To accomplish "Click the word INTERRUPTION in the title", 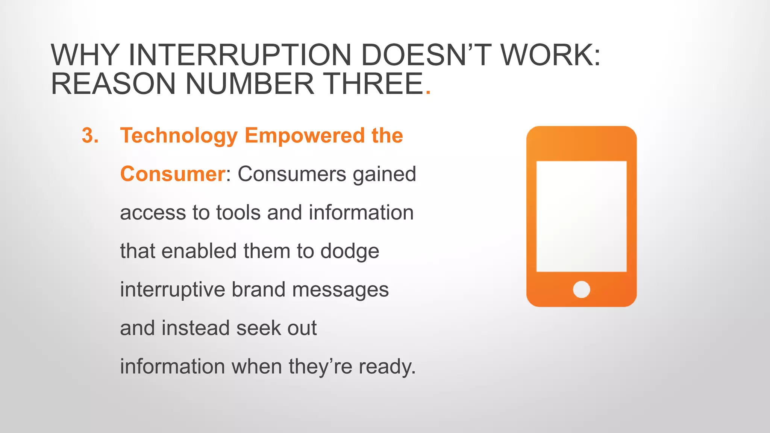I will pyautogui.click(x=239, y=55).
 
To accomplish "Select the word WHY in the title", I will pyautogui.click(x=85, y=55).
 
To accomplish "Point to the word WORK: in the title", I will pyautogui.click(x=550, y=55).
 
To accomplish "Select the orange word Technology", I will pyautogui.click(x=179, y=136).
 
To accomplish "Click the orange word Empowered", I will pyautogui.click(x=305, y=135).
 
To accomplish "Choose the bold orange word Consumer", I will pyautogui.click(x=173, y=174).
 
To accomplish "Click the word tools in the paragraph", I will pyautogui.click(x=238, y=212).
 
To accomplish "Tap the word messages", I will pyautogui.click(x=340, y=290).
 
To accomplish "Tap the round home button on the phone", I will pyautogui.click(x=581, y=289).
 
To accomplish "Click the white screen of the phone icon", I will pyautogui.click(x=581, y=216).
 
